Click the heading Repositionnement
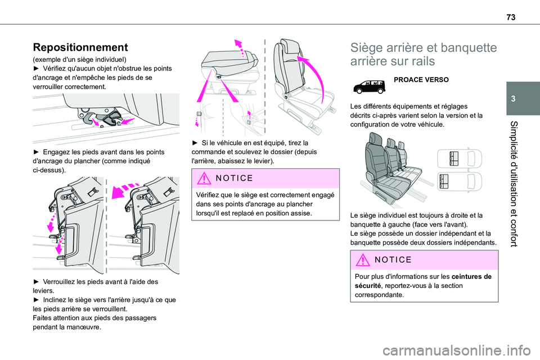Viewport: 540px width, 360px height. point(81,47)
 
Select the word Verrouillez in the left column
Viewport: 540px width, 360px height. point(64,281)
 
